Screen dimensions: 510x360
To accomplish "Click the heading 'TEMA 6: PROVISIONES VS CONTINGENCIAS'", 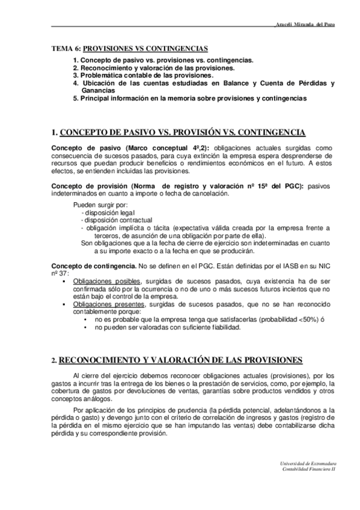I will coord(129,48).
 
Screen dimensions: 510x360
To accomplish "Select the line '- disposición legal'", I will coord(109,213).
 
